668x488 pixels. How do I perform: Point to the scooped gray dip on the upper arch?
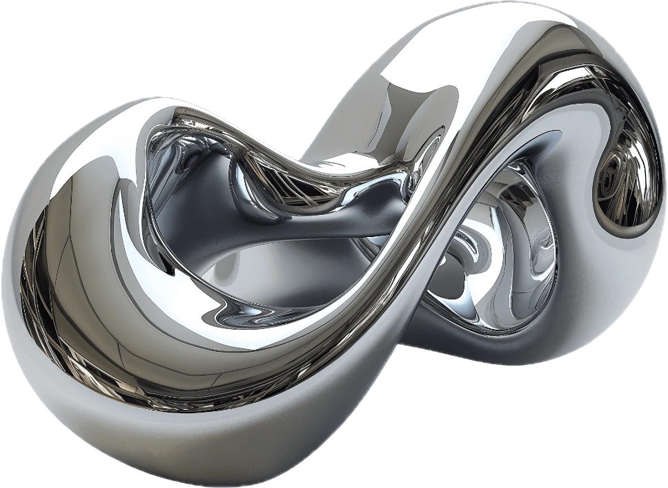pos(407,111)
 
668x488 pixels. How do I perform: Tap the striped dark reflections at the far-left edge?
pos(35,290)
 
